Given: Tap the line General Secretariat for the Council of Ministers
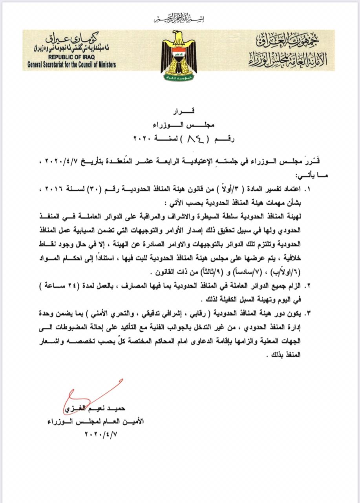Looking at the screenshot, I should pyautogui.click(x=71, y=64).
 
